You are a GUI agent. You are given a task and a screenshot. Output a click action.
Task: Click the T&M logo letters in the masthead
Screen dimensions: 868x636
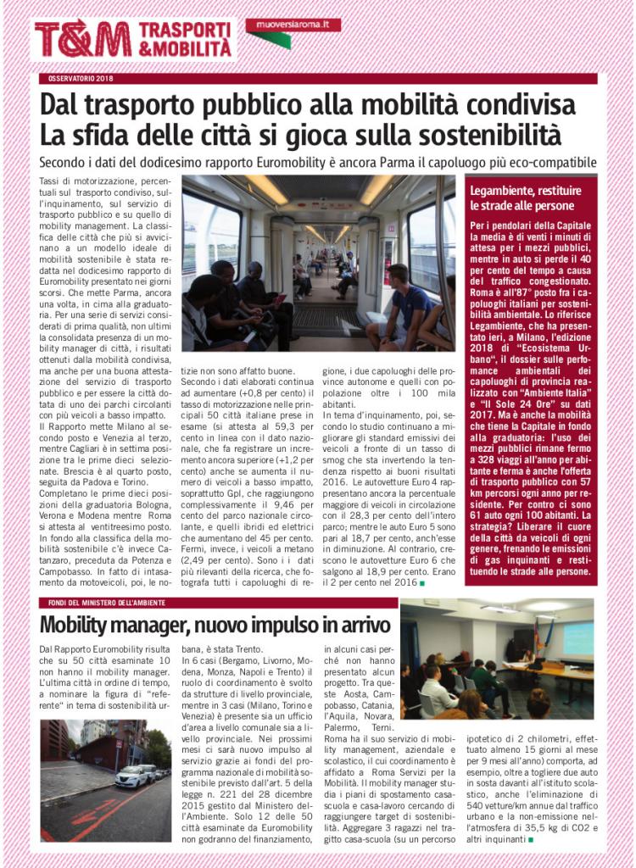82,39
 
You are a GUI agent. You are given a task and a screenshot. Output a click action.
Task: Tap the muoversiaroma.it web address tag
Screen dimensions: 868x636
293,25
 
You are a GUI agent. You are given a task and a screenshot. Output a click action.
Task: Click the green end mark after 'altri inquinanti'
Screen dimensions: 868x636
531,839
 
